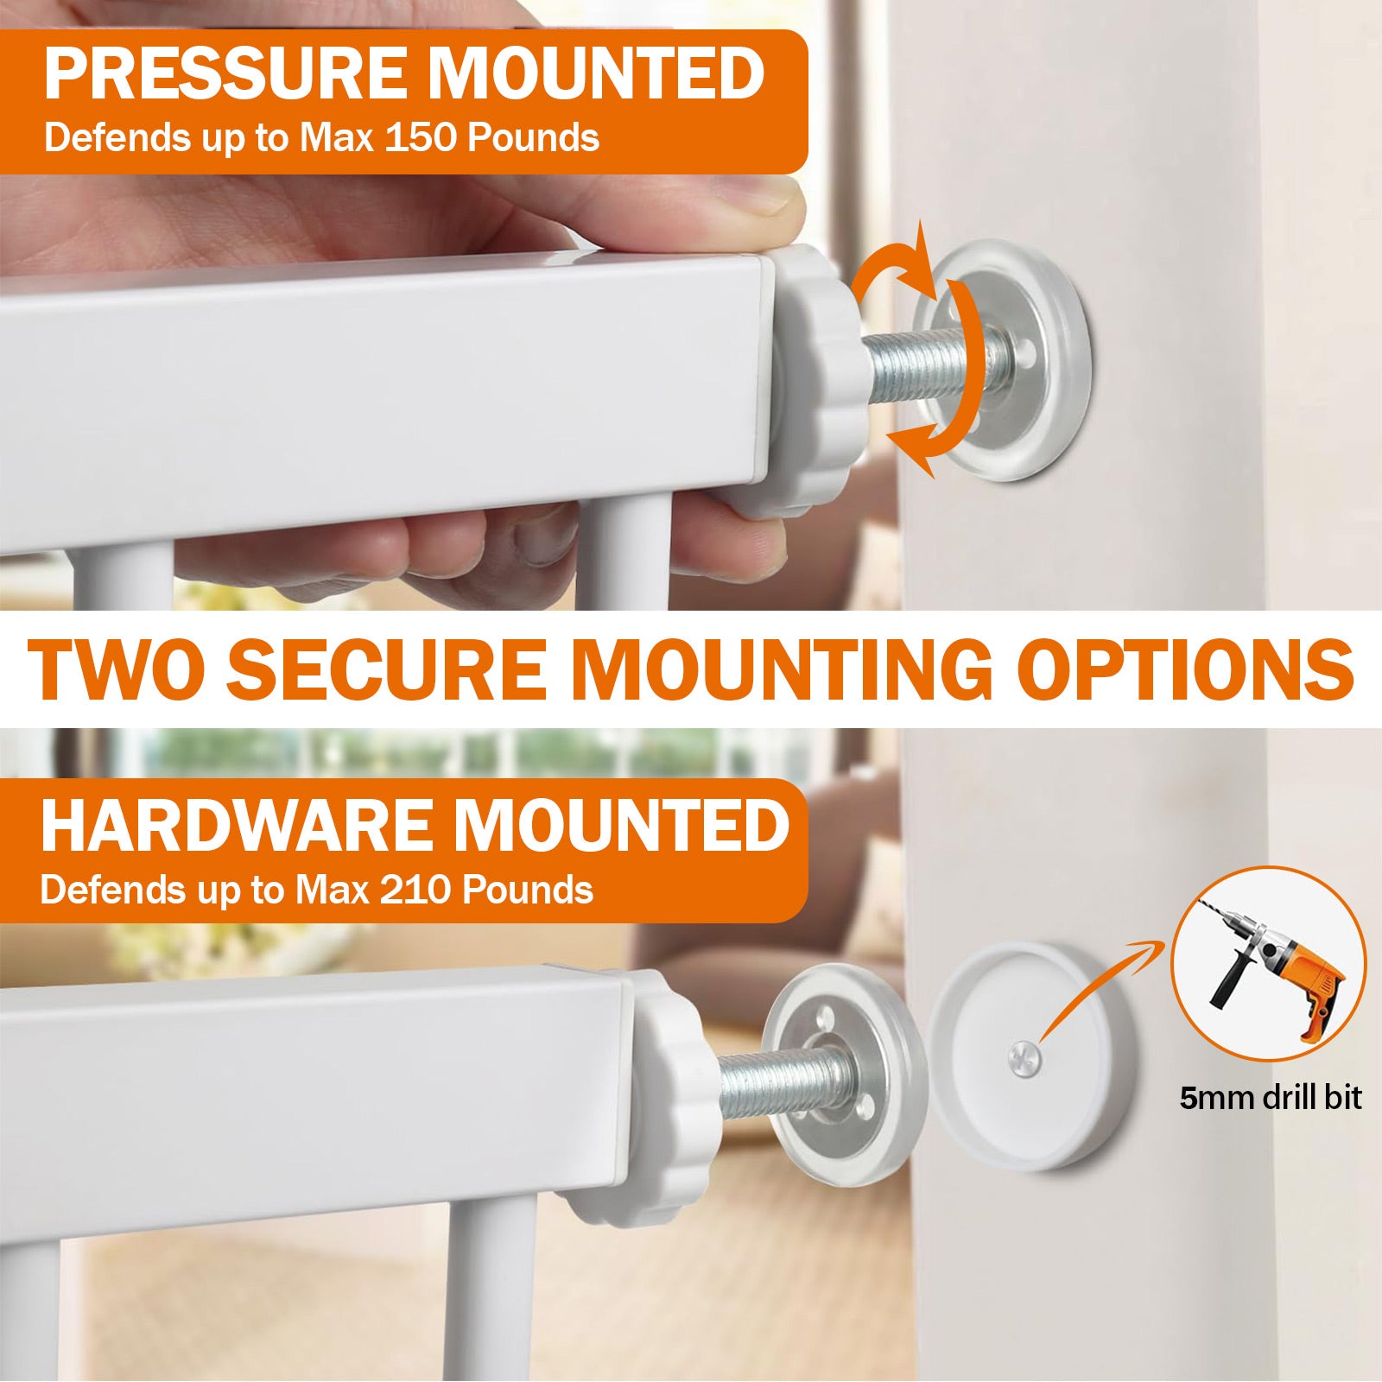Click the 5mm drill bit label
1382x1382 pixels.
1270,1098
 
